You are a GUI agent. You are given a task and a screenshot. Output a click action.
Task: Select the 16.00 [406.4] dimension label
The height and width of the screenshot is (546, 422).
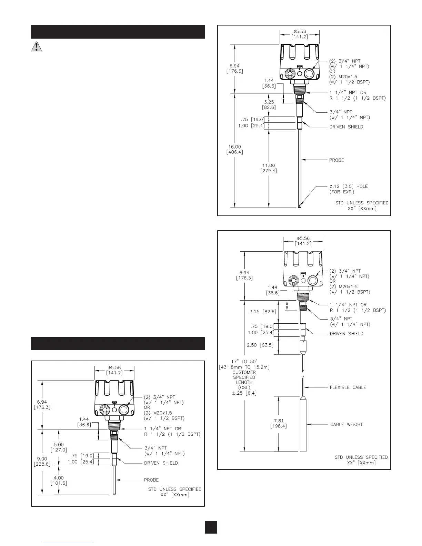tap(234, 150)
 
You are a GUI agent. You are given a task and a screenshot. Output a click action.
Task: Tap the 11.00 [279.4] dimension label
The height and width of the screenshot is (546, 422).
tap(269, 168)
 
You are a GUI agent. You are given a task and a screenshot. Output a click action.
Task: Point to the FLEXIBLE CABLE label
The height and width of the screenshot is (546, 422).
tap(348, 387)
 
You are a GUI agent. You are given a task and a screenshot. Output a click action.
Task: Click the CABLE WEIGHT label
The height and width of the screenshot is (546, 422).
tap(346, 424)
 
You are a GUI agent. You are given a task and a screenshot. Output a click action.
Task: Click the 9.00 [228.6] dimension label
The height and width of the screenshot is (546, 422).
tap(42, 461)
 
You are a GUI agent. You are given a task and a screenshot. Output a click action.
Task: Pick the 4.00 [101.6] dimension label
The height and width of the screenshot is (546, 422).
tap(59, 480)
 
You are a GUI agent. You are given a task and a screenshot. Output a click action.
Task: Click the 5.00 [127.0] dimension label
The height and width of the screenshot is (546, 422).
tap(59, 447)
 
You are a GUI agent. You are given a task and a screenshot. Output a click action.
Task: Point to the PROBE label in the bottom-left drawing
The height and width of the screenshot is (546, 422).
tap(151, 479)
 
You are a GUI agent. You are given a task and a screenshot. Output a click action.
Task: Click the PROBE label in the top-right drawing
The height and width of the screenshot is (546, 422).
tap(336, 160)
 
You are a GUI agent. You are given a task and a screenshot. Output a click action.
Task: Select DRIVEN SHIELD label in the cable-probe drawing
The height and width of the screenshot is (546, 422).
tap(346, 333)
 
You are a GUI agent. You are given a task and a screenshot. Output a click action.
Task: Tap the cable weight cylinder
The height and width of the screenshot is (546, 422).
tap(303, 424)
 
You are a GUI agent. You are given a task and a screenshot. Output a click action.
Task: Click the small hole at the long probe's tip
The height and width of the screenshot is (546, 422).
tap(300, 206)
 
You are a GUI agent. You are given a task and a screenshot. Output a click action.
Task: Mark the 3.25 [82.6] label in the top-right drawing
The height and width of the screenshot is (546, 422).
tap(269, 105)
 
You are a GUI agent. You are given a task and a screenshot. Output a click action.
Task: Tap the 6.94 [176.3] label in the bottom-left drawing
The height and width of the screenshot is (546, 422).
tap(42, 405)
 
